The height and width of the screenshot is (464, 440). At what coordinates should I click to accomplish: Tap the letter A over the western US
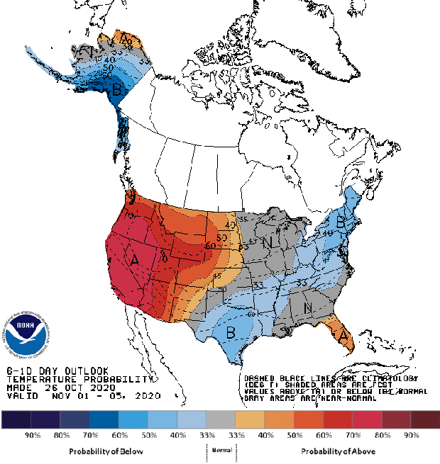click(x=134, y=260)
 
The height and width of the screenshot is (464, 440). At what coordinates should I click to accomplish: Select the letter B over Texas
click(x=230, y=332)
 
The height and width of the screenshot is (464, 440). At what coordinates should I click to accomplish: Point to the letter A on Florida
click(x=344, y=338)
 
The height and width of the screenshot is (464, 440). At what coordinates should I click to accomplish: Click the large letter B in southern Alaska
click(x=116, y=90)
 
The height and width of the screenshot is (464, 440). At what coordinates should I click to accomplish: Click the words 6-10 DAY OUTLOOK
click(x=57, y=371)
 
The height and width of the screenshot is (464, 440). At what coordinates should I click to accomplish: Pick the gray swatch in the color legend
click(x=221, y=419)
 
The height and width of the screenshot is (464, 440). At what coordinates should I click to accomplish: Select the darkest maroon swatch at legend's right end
click(x=425, y=419)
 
